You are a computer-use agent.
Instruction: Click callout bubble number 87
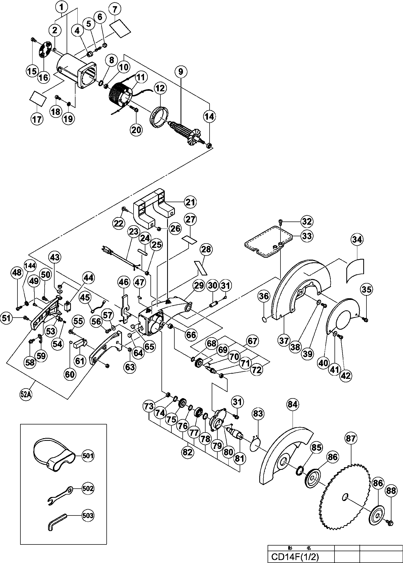click(x=351, y=439)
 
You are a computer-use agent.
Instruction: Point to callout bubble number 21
click(x=190, y=202)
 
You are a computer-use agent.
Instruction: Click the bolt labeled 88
click(x=390, y=536)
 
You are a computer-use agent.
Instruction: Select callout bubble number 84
click(x=293, y=412)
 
